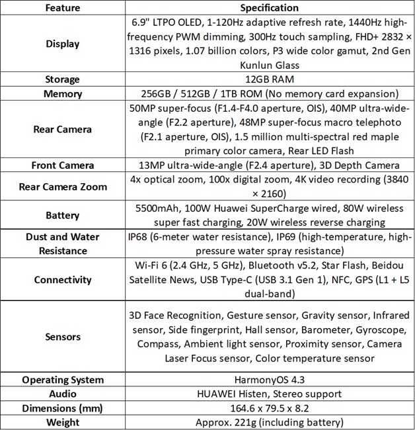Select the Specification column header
click(x=270, y=8)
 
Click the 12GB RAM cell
click(x=270, y=79)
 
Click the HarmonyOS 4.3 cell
click(x=270, y=380)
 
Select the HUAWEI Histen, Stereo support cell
click(x=270, y=394)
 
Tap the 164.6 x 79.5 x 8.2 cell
click(x=270, y=408)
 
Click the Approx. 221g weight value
click(x=270, y=422)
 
